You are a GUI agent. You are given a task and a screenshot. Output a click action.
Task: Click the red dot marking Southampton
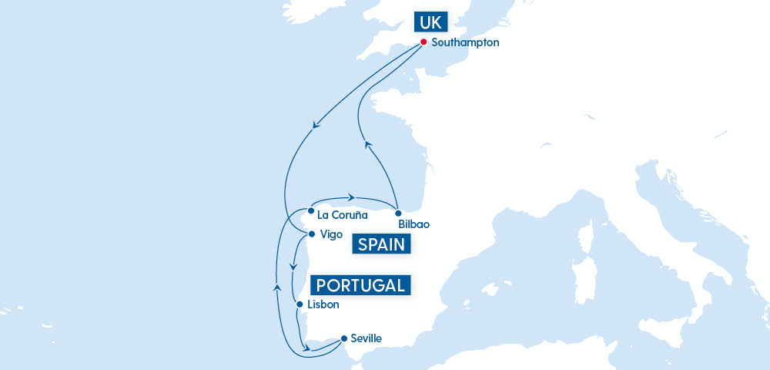423,42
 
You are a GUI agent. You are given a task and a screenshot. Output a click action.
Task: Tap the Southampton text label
465,43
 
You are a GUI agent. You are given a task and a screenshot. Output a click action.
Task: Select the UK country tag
429,21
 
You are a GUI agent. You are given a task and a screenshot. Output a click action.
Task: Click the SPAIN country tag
382,245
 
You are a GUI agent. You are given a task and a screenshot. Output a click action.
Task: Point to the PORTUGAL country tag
360,285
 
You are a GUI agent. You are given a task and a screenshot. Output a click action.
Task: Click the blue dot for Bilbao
398,213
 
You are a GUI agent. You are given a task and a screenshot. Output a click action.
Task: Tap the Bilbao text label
414,224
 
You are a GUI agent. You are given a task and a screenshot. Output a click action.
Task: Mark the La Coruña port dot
310,210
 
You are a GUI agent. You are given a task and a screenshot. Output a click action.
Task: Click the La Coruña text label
343,215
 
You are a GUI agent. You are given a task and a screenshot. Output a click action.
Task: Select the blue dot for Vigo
311,234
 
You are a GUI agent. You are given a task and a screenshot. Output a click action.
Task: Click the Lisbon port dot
300,304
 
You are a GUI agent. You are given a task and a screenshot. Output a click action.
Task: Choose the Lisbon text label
323,305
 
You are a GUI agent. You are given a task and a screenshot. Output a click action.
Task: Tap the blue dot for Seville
343,338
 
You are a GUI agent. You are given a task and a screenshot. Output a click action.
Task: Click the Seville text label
366,338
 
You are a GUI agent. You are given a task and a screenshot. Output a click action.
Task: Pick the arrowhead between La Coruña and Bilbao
350,197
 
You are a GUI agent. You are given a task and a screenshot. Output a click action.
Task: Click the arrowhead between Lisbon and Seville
308,349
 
